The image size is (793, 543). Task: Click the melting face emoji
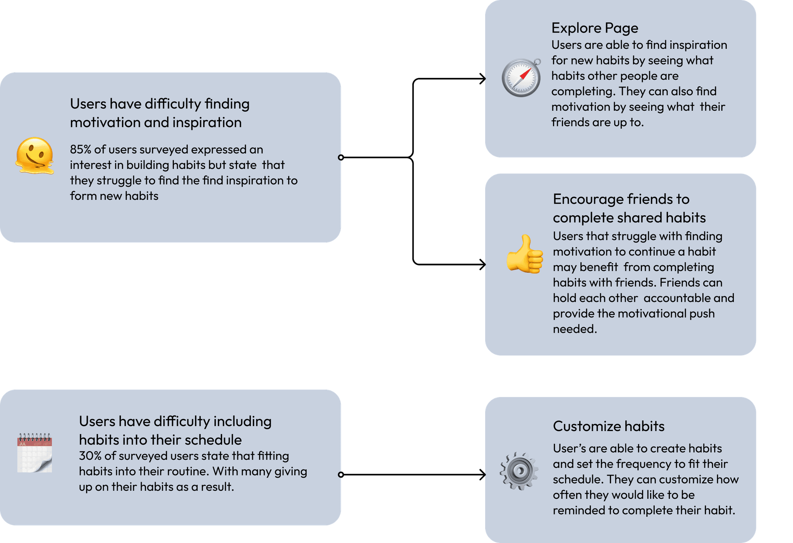34,156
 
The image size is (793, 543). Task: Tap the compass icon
521,77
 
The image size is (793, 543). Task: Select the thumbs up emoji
525,254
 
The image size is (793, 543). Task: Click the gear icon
519,471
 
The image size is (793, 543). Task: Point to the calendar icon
34,453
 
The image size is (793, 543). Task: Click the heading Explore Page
594,28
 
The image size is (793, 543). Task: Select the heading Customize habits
608,426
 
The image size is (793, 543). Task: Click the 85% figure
80,149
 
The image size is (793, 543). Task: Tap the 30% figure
90,456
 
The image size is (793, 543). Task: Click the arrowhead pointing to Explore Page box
482,79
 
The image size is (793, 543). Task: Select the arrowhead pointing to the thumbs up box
482,265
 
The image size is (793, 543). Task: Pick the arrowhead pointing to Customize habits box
482,474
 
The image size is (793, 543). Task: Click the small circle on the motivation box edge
341,158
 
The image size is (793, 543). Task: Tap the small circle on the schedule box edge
341,474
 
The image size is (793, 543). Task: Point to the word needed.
574,329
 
